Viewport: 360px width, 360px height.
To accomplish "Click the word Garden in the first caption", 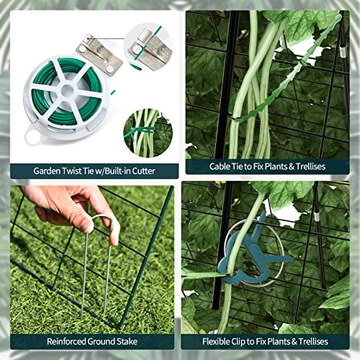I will click(47, 171).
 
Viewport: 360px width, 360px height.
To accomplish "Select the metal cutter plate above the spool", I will click(99, 52).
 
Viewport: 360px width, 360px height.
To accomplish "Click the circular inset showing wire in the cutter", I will click(148, 46).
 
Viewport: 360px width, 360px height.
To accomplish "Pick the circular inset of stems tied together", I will click(148, 132).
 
